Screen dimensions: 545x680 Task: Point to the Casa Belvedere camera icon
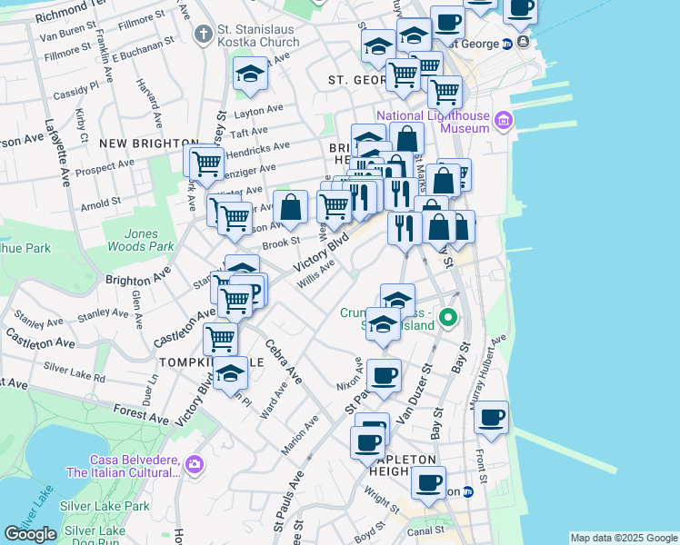[194, 465]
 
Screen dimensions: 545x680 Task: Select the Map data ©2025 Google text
[624, 538]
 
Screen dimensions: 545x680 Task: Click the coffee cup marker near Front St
[492, 418]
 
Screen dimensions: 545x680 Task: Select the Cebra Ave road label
[283, 360]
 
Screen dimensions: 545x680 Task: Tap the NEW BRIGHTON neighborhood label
[149, 144]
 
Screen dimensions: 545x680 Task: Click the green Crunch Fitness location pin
[447, 318]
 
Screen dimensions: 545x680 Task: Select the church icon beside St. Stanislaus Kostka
[202, 35]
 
